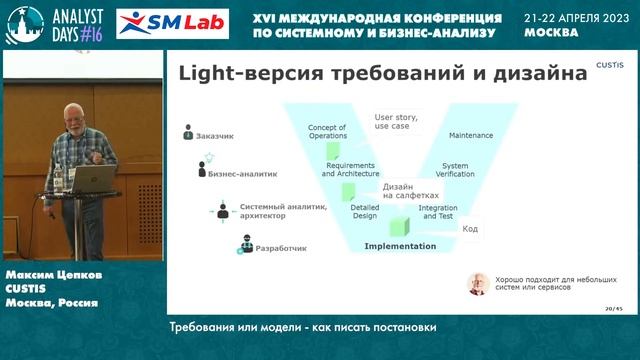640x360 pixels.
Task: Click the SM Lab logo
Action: pyautogui.click(x=172, y=23)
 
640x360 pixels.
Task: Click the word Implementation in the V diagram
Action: pyautogui.click(x=400, y=246)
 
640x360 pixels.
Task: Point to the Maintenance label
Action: pyautogui.click(x=471, y=134)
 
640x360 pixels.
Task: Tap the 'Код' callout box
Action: pyautogui.click(x=469, y=229)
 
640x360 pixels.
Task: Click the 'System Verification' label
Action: pyautogui.click(x=455, y=170)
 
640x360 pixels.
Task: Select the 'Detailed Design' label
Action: pyautogui.click(x=364, y=212)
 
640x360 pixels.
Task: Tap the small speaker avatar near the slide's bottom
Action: pyautogui.click(x=478, y=284)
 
